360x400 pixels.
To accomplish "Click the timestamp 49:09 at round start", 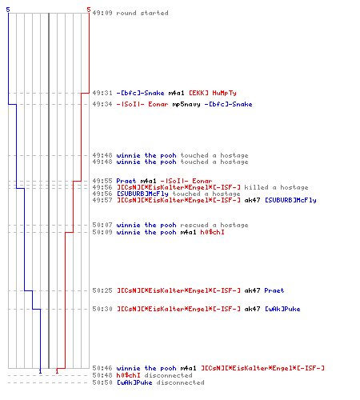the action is coord(102,13).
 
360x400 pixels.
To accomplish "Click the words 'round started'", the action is coord(142,13).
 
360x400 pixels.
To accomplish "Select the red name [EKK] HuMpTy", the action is coord(213,93).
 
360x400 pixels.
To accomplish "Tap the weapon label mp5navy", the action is coord(186,104).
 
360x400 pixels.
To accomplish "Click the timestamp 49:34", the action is coord(102,104).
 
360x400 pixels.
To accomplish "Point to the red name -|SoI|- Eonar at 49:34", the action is coord(142,104).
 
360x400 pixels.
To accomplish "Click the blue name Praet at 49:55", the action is coord(126,181).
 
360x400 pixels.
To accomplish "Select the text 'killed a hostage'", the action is coord(276,187).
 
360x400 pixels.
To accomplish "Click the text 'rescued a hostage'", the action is coord(214,225).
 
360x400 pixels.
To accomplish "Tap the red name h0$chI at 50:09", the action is coord(212,232).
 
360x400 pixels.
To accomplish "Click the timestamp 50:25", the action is coord(102,290).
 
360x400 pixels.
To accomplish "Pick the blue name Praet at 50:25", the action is coord(274,290).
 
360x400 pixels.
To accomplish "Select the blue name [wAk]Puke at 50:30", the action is coord(282,309).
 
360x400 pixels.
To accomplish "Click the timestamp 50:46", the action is coord(102,368).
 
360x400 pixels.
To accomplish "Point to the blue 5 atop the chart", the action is coord(8,10).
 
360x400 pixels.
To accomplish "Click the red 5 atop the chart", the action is coord(89,10).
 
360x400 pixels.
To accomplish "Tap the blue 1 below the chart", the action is coord(40,371).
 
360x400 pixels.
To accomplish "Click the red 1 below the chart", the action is coord(57,371).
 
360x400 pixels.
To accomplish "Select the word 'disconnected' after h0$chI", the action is coord(168,375).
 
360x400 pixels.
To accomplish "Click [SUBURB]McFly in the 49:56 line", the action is coord(142,194).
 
